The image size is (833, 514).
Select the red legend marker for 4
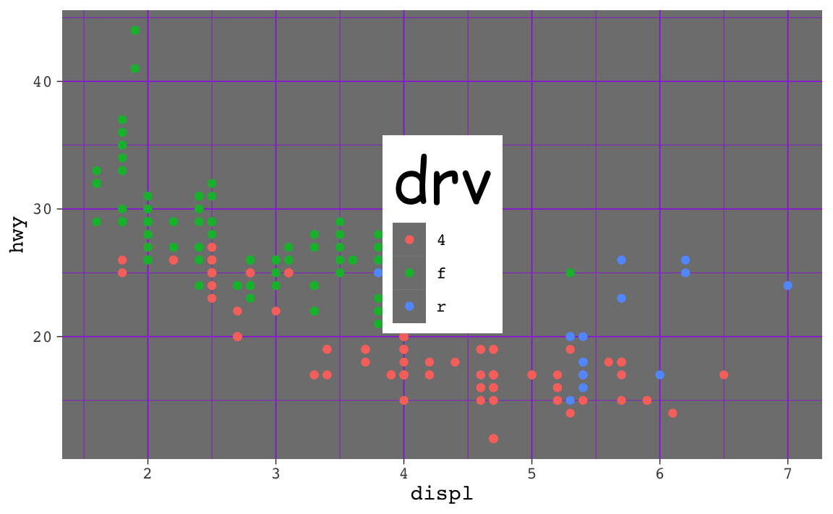pyautogui.click(x=409, y=239)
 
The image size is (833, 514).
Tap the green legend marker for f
pyautogui.click(x=409, y=273)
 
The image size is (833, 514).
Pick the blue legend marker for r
pyautogui.click(x=409, y=307)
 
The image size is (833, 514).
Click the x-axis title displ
pyautogui.click(x=441, y=494)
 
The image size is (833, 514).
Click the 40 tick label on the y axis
pyautogui.click(x=43, y=82)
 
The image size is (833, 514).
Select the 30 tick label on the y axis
pyautogui.click(x=43, y=209)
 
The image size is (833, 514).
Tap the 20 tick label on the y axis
pyautogui.click(x=43, y=337)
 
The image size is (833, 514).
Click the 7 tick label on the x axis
pyautogui.click(x=787, y=474)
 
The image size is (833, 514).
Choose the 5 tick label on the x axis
pyautogui.click(x=531, y=474)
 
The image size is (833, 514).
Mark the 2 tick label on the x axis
pyautogui.click(x=148, y=474)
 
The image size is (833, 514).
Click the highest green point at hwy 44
pyautogui.click(x=135, y=30)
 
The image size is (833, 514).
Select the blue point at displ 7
pyautogui.click(x=787, y=286)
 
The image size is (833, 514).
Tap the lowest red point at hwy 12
pyautogui.click(x=493, y=439)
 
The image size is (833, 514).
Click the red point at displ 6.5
pyautogui.click(x=724, y=374)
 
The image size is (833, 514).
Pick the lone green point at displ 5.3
pyautogui.click(x=570, y=273)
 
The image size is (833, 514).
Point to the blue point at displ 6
pyautogui.click(x=659, y=374)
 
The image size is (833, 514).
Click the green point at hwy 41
pyautogui.click(x=135, y=69)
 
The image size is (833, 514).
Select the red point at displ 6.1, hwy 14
pyautogui.click(x=672, y=414)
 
